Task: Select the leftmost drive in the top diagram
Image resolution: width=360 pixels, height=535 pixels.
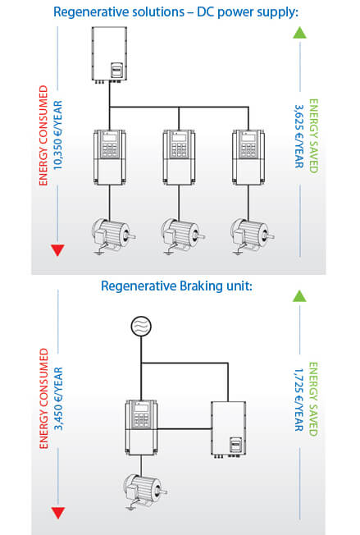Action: [x=110, y=157]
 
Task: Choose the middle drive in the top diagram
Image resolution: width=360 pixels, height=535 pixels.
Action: [x=180, y=157]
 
